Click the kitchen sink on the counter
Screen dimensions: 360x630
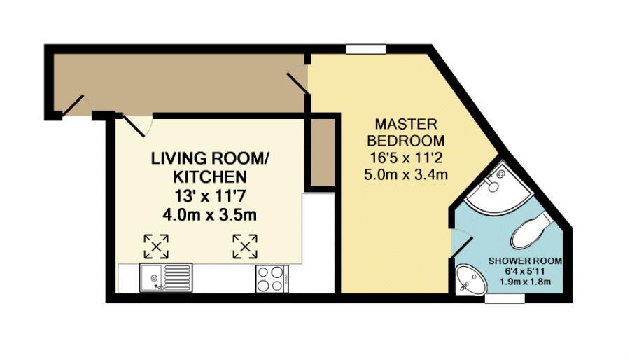(166, 277)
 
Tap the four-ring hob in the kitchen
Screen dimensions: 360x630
(270, 278)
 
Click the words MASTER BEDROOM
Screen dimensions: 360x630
(406, 132)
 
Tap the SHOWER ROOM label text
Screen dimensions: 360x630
(525, 261)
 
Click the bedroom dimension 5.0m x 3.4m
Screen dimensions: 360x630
(406, 174)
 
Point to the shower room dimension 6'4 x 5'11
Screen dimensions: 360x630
(525, 272)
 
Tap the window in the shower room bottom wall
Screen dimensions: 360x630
(505, 299)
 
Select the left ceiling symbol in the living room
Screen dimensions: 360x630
(156, 246)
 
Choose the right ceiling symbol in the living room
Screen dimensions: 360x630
(245, 246)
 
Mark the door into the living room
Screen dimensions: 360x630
(138, 125)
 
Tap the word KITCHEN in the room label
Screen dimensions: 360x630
(200, 176)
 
